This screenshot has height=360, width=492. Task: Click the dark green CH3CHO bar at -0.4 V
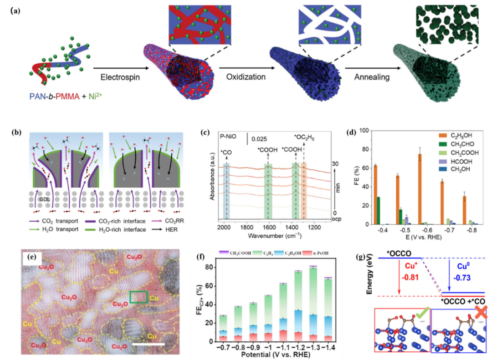pos(379,211)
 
